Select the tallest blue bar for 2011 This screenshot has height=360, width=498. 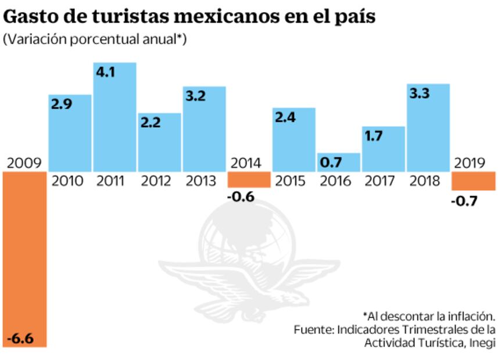[114, 116]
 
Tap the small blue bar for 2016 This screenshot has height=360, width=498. [338, 162]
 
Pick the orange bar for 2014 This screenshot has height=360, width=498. [249, 179]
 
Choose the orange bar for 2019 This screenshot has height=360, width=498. [474, 181]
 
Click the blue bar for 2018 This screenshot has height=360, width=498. [428, 128]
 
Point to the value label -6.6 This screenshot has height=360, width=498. [20, 337]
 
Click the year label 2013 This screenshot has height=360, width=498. [204, 181]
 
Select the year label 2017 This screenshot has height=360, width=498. [384, 181]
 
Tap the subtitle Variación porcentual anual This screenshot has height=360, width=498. [95, 39]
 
